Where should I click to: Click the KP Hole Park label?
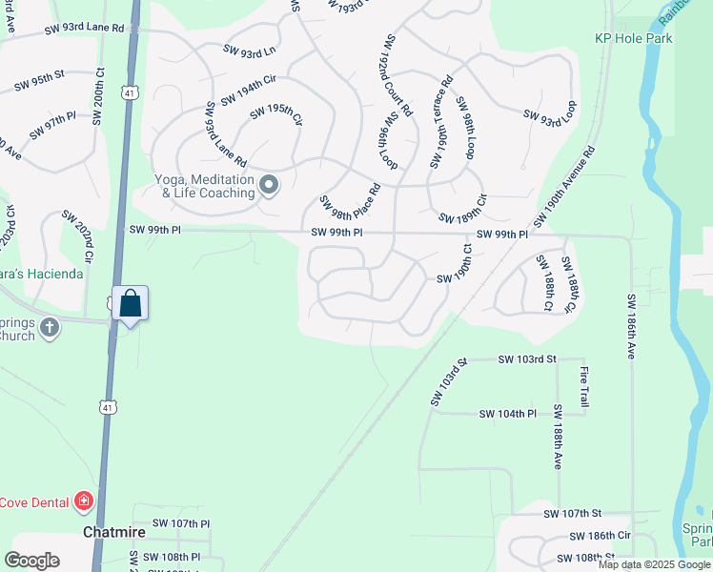(634, 38)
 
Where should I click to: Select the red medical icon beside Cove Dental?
(84, 500)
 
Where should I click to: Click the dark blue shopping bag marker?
(131, 304)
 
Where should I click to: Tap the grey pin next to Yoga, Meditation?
(269, 185)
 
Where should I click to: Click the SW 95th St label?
(39, 81)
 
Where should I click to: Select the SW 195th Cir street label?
(276, 118)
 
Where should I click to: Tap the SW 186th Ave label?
(631, 326)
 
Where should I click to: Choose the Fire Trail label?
(584, 385)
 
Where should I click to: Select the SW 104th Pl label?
(508, 414)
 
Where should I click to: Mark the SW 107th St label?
(574, 514)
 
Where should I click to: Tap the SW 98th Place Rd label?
(350, 194)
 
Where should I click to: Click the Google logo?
(32, 561)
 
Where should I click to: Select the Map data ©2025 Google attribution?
(654, 564)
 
